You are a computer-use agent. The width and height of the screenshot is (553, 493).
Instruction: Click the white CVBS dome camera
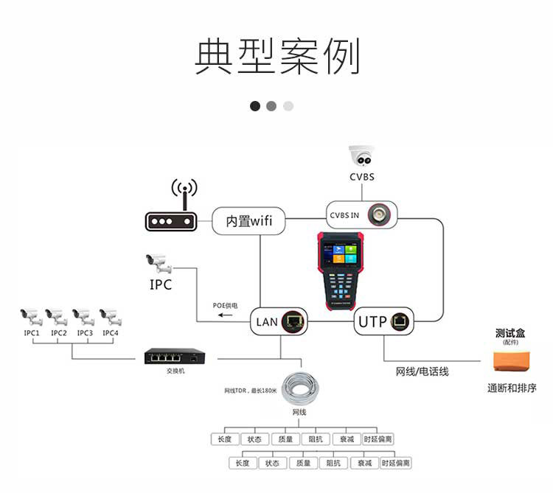tap(362, 156)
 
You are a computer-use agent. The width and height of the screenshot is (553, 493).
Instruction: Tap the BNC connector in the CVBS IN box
tap(380, 214)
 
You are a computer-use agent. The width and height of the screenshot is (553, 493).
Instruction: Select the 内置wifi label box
tap(248, 220)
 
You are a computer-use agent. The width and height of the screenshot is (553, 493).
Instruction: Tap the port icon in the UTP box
tap(403, 321)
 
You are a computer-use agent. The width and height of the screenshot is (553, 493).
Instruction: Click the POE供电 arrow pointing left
tap(224, 315)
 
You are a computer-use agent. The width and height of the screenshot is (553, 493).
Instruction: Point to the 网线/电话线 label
tap(422, 371)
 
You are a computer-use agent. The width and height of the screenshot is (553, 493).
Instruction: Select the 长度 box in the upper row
tap(224, 438)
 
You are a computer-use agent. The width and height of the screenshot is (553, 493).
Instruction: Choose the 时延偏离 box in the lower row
tap(395, 463)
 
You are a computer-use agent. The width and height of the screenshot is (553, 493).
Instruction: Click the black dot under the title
tap(255, 105)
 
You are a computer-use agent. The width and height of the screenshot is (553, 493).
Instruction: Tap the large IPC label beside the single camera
tap(161, 283)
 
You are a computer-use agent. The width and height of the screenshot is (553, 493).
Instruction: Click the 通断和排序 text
tap(512, 388)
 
